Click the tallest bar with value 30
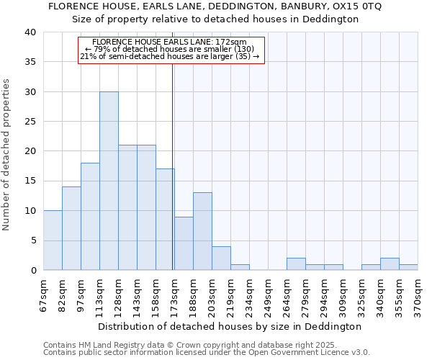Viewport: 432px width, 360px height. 109,181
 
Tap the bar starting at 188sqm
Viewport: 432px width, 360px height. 202,231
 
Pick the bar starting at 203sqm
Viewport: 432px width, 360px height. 221,258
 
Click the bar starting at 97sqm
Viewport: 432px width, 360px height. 90,216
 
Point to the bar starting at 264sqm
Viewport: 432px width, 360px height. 296,264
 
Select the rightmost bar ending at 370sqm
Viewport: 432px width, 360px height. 408,267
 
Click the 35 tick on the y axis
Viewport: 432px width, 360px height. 30,62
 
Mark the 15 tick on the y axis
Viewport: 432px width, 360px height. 30,181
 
